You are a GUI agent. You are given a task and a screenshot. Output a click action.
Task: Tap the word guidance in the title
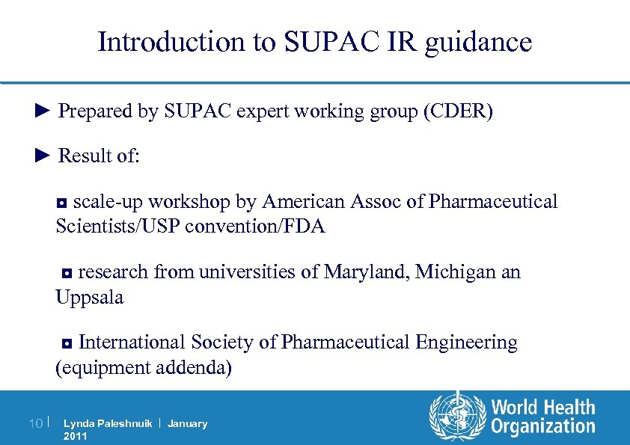pos(478,43)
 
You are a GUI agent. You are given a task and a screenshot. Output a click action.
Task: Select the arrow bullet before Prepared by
pos(42,111)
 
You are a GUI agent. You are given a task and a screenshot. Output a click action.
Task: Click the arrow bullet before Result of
pos(42,156)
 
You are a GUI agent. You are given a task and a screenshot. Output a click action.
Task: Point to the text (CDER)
pos(458,112)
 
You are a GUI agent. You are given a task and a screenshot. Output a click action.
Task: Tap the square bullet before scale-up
pos(63,203)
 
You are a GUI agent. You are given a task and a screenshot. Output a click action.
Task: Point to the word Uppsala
pos(90,298)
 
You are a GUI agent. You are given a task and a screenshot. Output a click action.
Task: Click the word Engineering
pos(466,343)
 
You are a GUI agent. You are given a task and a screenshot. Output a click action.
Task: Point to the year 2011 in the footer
pos(76,436)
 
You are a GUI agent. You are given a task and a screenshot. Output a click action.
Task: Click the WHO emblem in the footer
pos(456,417)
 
